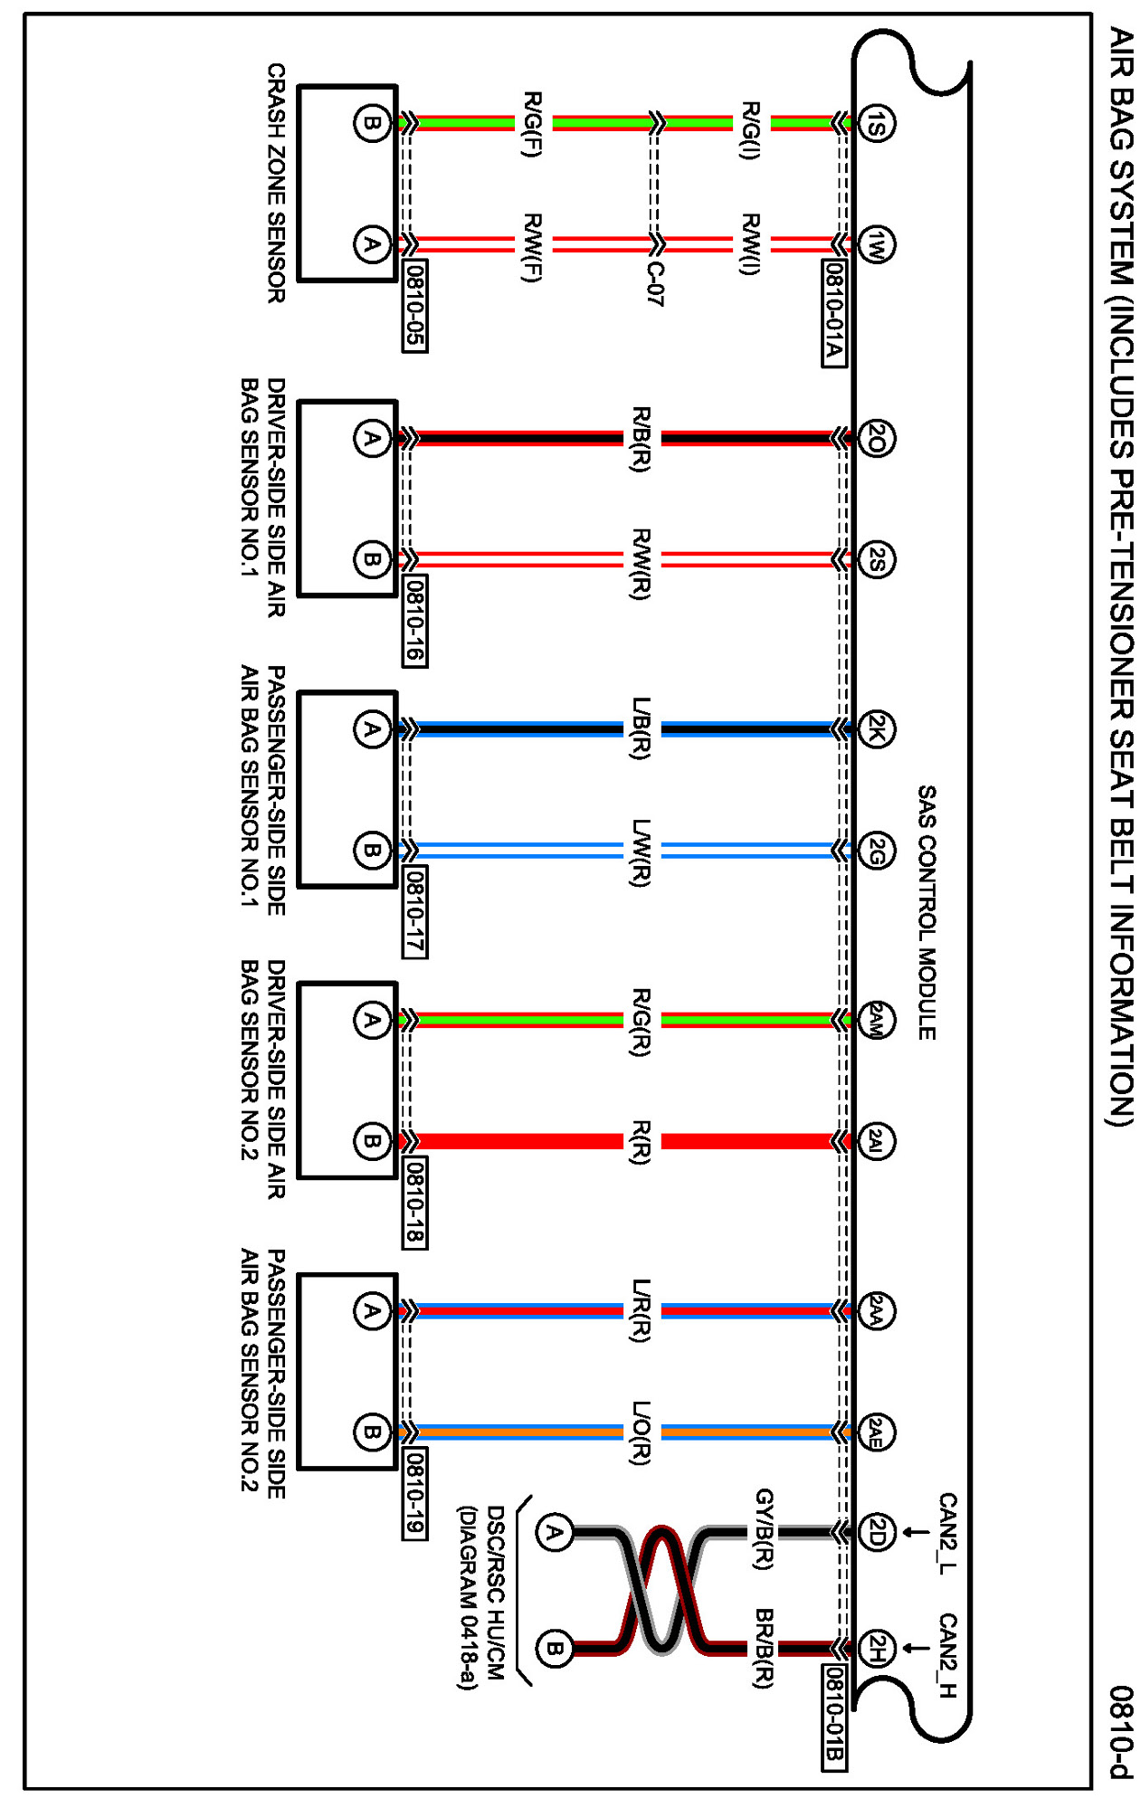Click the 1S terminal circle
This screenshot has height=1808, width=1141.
(x=876, y=123)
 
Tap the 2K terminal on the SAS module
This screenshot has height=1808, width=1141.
(x=876, y=729)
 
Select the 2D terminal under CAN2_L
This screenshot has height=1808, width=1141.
(x=876, y=1532)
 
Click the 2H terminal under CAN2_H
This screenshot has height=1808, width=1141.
(x=876, y=1648)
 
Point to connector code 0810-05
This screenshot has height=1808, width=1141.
(x=414, y=306)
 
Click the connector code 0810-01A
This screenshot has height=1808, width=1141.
(x=834, y=313)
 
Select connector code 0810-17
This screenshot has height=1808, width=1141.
(x=414, y=911)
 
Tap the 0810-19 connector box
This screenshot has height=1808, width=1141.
(x=414, y=1494)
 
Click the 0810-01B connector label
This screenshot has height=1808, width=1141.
(x=834, y=1717)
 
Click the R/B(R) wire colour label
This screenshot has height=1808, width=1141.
(x=641, y=439)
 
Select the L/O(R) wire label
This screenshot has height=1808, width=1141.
(x=641, y=1432)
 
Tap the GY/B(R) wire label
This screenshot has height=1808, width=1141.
(x=763, y=1528)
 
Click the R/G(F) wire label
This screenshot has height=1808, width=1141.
(x=533, y=124)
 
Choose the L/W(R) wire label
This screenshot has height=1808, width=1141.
(x=641, y=852)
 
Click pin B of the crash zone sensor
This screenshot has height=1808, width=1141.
(x=371, y=123)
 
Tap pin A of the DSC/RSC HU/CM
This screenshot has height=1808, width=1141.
(x=554, y=1532)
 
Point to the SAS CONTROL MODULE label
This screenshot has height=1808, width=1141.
(x=927, y=912)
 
